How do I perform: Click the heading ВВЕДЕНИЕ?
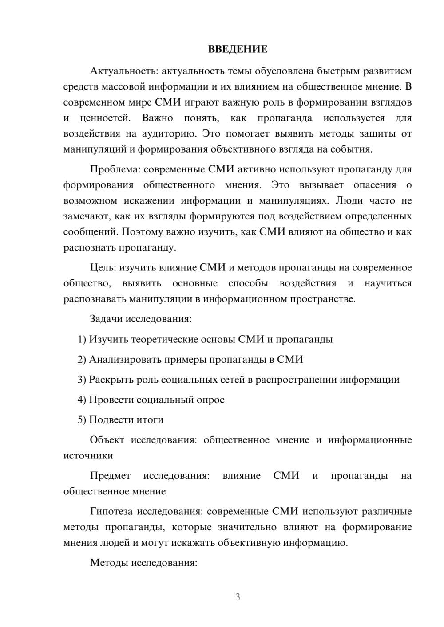click(238, 49)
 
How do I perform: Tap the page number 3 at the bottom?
click(238, 597)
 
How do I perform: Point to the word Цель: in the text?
click(103, 268)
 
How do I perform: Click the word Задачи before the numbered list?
click(106, 319)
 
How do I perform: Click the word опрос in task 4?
click(210, 400)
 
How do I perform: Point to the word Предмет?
click(110, 476)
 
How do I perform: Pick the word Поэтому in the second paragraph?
click(142, 232)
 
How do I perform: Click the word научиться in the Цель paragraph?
click(388, 284)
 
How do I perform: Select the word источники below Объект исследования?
click(88, 456)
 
